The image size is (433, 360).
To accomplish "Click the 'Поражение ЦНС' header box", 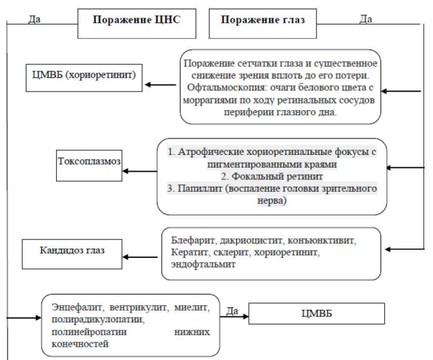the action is (x=136, y=24).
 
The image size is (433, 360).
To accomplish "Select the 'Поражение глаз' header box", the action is (x=262, y=24).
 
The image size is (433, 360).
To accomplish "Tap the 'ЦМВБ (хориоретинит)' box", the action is (x=84, y=78).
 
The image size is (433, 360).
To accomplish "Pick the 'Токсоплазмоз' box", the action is (x=89, y=165).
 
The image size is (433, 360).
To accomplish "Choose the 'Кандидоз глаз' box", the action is (x=72, y=254).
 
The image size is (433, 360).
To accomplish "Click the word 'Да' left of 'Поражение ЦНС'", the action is (x=34, y=19).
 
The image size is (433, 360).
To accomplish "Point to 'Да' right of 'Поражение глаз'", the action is (x=366, y=19).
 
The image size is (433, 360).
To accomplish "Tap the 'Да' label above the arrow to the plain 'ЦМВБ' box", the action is (x=232, y=311).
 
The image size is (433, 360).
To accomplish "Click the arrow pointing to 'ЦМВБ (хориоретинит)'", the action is (x=160, y=84).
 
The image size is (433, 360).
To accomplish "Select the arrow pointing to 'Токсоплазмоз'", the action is (x=140, y=171).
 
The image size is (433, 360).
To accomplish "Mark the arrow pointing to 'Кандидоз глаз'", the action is (x=140, y=257).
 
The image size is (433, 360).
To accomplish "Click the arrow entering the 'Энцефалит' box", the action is (x=24, y=318).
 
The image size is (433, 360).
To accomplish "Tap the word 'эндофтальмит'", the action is (x=203, y=264).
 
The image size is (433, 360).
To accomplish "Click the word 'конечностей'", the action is (x=80, y=344).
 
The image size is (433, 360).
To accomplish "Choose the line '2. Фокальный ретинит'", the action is (x=272, y=176).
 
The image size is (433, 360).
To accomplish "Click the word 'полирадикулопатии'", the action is (x=98, y=319).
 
